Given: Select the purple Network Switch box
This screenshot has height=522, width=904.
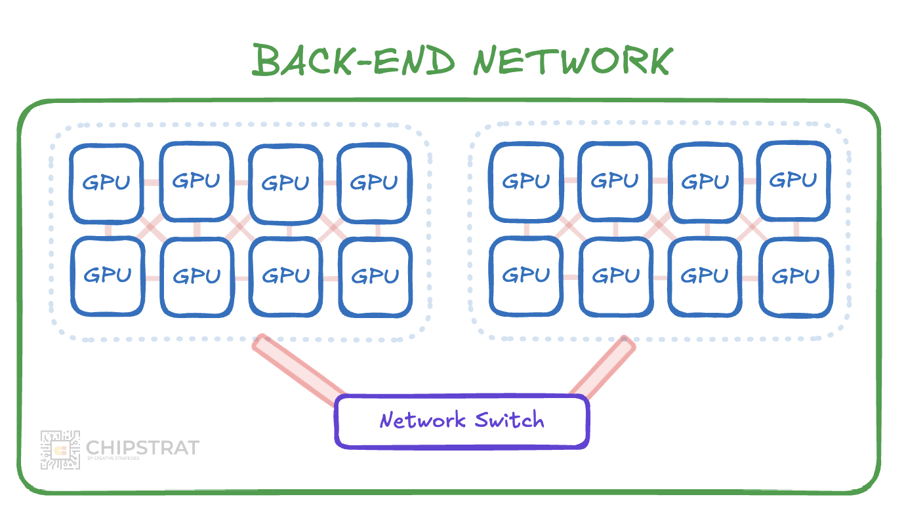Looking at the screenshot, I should [462, 421].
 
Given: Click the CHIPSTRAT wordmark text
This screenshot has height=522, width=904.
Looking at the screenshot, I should [142, 449].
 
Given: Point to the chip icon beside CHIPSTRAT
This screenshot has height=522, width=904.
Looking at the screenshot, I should [60, 450].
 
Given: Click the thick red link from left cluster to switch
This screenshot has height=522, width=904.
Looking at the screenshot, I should [298, 371].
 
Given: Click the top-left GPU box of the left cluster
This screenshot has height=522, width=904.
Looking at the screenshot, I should [106, 183].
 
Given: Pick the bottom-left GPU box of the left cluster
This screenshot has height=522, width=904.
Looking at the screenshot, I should [108, 275].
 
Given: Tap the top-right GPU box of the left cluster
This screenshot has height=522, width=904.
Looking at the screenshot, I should [374, 182].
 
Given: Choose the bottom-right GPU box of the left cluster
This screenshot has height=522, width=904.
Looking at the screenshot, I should [375, 276].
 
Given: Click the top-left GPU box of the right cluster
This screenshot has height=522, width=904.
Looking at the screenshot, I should [526, 180].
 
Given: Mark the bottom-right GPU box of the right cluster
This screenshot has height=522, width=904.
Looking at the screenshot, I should [795, 276].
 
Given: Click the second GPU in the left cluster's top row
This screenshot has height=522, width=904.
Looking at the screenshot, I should [196, 181].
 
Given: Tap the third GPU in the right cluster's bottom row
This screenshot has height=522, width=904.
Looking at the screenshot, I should [705, 276].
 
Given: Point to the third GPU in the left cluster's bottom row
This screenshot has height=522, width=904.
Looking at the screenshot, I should [286, 276].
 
